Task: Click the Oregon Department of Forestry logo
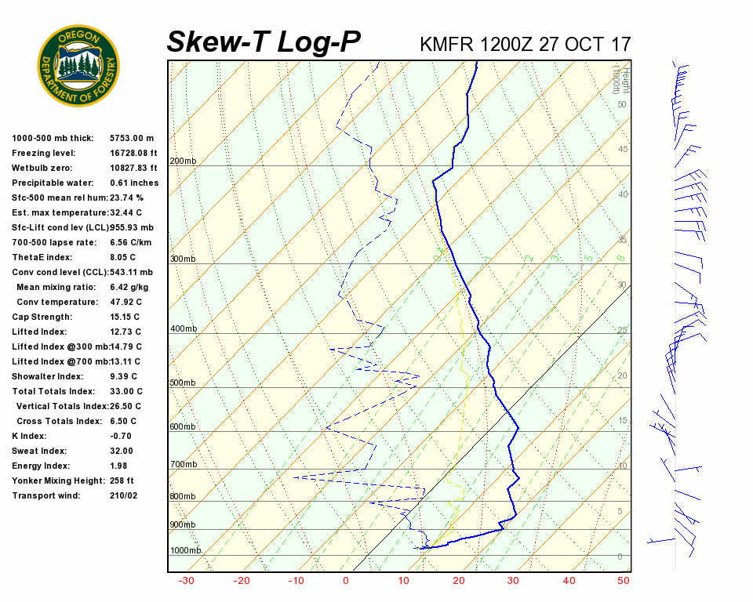78,66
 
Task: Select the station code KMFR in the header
446,44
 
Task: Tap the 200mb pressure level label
183,161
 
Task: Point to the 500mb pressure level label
183,383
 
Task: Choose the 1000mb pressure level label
186,551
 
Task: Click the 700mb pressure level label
183,465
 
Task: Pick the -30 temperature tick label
187,581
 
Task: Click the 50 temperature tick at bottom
624,581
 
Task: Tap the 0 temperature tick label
346,581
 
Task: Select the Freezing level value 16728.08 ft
134,153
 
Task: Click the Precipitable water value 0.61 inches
134,183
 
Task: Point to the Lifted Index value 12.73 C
125,332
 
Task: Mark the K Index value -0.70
121,436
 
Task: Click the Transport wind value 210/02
124,495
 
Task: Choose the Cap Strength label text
42,317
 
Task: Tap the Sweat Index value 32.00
122,451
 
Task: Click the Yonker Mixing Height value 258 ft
122,481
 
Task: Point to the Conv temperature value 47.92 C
125,302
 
